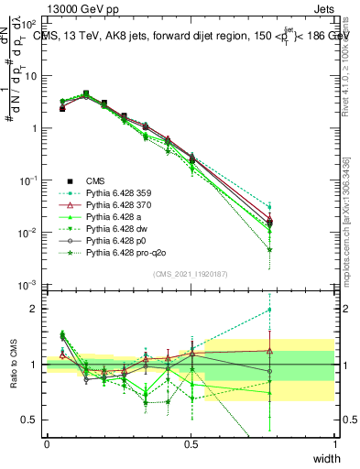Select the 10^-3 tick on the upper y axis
coord(31,285)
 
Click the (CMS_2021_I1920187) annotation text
coord(191,274)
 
